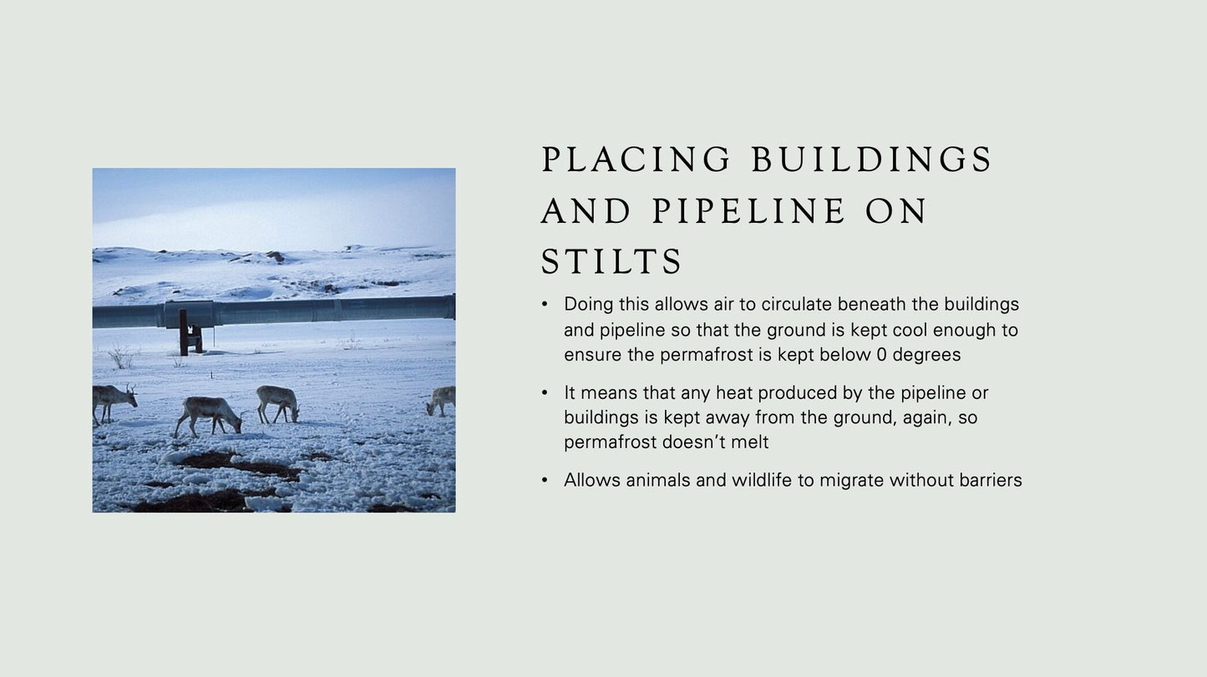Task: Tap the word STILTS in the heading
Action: coord(612,262)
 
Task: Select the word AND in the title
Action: coord(586,211)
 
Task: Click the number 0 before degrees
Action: coord(881,355)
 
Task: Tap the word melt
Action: coord(750,442)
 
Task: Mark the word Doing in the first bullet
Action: coord(588,304)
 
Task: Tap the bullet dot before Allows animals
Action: coord(545,480)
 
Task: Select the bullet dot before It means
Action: coord(545,392)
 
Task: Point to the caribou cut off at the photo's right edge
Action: coord(442,400)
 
